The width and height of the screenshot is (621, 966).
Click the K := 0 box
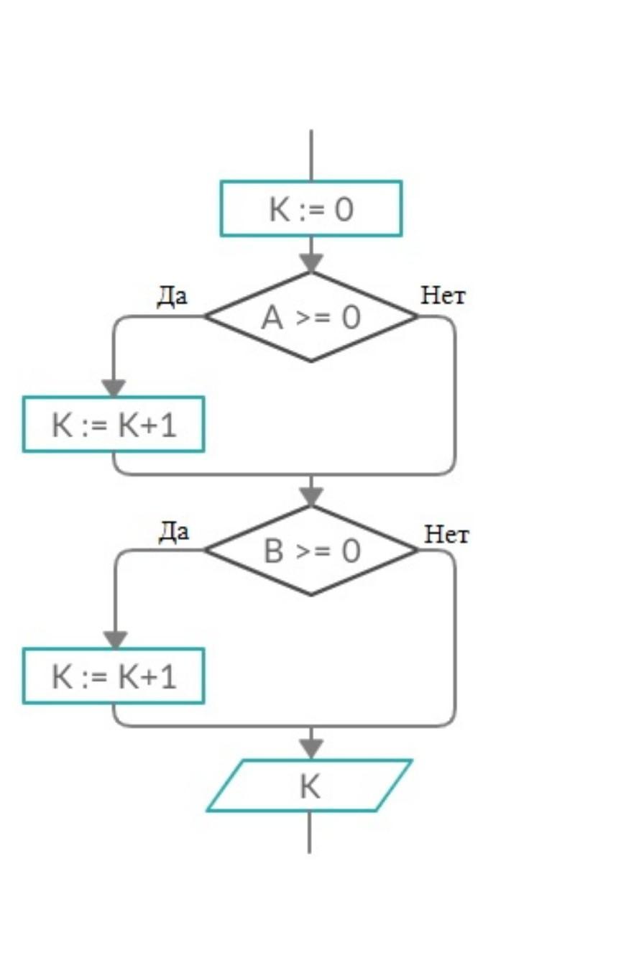(x=310, y=208)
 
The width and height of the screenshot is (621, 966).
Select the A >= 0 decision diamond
(x=310, y=316)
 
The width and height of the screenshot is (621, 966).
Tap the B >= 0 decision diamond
(x=310, y=551)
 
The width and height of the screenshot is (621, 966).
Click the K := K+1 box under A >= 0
(x=114, y=424)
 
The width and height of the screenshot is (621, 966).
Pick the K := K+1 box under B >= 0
(x=114, y=676)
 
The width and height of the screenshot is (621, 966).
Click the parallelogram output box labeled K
(x=310, y=785)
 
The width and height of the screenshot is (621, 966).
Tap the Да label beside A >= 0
(x=172, y=297)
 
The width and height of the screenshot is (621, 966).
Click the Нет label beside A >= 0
(x=443, y=295)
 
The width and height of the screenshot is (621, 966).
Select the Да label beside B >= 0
(x=173, y=532)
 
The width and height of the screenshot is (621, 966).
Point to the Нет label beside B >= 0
(x=446, y=534)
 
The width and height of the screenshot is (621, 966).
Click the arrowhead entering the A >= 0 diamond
(x=311, y=263)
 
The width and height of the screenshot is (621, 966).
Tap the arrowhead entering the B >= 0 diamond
(x=311, y=497)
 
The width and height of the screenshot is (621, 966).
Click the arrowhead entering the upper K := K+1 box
(x=114, y=388)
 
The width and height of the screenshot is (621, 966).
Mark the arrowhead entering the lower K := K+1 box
(x=114, y=640)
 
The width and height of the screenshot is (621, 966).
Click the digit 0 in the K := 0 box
(x=344, y=209)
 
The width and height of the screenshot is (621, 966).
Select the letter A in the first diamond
(x=272, y=317)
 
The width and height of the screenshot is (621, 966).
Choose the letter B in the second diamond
(x=275, y=551)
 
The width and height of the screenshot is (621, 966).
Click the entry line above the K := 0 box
(x=311, y=155)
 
